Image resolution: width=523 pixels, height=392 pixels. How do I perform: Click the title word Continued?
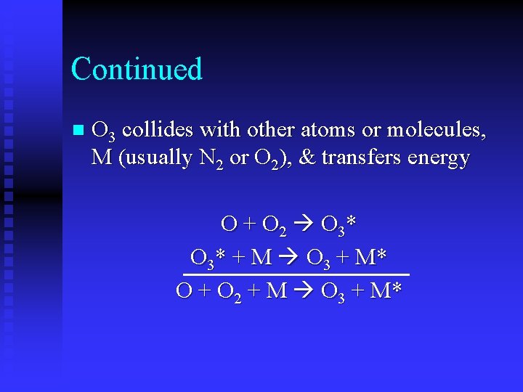pos(137,70)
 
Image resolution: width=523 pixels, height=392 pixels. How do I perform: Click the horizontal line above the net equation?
pos(296,274)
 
